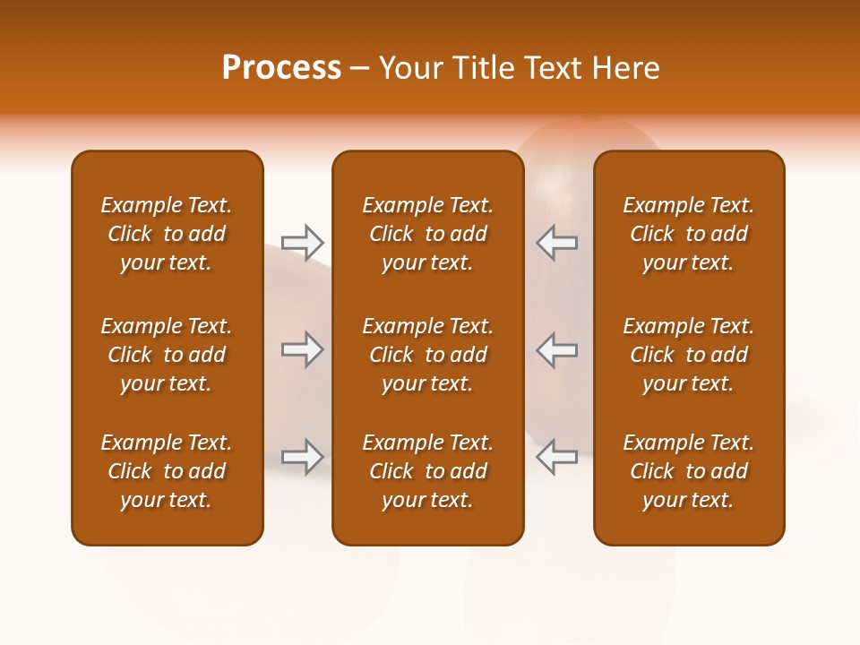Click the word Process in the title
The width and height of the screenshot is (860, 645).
tap(281, 68)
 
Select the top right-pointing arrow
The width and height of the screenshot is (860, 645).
tap(303, 242)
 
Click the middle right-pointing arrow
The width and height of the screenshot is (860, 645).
tap(303, 349)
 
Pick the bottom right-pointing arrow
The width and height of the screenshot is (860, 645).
tap(303, 457)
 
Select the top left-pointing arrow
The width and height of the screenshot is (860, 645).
tap(556, 242)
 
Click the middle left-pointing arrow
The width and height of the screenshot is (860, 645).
tap(556, 349)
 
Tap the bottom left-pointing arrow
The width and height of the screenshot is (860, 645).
tap(556, 457)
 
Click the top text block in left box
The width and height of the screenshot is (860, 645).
tap(167, 234)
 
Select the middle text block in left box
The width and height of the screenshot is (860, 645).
tap(167, 355)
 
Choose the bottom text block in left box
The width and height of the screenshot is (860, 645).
tap(167, 471)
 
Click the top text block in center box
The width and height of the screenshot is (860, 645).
tap(427, 234)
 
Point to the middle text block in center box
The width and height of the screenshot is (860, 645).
tap(427, 355)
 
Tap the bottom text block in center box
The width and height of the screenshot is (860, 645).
tap(427, 471)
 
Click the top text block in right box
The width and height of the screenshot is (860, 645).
tap(688, 234)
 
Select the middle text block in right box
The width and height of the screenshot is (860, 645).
tap(688, 355)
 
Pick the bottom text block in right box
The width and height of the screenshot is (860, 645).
tap(688, 471)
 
